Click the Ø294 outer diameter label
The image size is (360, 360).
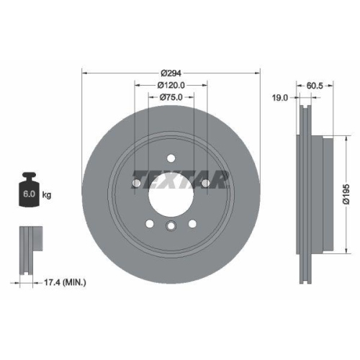[171, 73]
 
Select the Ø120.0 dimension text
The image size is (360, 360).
[171, 85]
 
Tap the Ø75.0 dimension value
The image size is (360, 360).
[171, 97]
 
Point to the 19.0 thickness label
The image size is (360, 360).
[279, 97]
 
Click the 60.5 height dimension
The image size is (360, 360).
[315, 85]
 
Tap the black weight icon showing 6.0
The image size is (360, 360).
[29, 191]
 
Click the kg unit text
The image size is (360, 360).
[48, 194]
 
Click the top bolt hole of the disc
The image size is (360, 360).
[171, 158]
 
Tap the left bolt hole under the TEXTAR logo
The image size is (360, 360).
[138, 184]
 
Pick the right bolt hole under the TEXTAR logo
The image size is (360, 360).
[205, 184]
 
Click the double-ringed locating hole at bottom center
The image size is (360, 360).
[171, 228]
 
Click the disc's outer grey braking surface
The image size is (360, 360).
[101, 216]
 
